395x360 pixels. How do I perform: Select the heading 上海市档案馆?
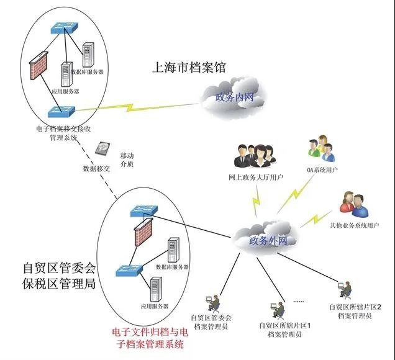coord(190,67)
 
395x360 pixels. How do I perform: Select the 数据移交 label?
coord(96,168)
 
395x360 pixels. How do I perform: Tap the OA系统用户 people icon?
coord(321,149)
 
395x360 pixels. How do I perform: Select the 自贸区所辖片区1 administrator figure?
coord(278,308)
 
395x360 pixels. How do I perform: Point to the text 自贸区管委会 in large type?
coord(59,268)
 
